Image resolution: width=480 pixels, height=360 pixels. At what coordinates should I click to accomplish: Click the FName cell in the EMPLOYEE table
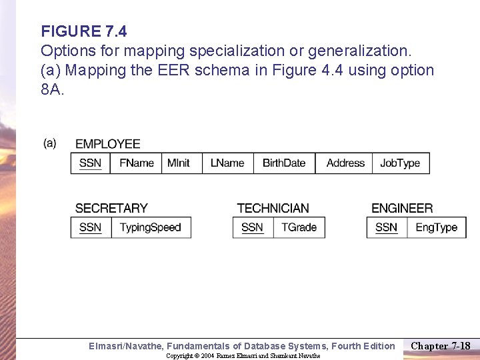(x=136, y=163)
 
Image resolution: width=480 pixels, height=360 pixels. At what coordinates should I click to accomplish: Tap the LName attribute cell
(x=227, y=163)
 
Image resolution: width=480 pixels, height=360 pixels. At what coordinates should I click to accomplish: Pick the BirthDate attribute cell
(x=284, y=163)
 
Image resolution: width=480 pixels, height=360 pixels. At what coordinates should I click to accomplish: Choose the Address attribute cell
(x=345, y=163)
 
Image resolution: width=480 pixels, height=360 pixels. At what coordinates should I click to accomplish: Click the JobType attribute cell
(x=400, y=163)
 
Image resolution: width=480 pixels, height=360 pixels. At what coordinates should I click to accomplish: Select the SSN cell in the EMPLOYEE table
(x=91, y=163)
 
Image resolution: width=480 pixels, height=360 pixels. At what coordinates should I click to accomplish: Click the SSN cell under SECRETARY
(x=91, y=227)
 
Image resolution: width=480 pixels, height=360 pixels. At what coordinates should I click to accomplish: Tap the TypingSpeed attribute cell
(x=150, y=227)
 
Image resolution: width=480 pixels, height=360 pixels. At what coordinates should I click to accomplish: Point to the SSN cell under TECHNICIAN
(x=253, y=227)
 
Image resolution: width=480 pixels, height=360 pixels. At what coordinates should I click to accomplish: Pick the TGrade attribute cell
(x=299, y=227)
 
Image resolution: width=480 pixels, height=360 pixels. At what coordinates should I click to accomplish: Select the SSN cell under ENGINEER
(x=387, y=227)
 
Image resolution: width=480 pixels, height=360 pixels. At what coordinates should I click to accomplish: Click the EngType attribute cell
(x=436, y=227)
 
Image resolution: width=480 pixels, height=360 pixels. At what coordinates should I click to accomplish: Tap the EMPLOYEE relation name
(x=108, y=144)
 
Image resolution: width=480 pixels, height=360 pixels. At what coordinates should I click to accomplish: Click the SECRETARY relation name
(x=111, y=209)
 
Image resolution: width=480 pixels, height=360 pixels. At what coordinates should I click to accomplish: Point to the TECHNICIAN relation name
(x=273, y=209)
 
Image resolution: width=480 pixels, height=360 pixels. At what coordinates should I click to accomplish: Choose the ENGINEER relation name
(x=402, y=209)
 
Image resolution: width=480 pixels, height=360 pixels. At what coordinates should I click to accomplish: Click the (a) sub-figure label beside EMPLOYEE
(x=50, y=143)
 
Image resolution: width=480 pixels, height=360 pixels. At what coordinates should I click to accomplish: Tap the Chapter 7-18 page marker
(x=441, y=345)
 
